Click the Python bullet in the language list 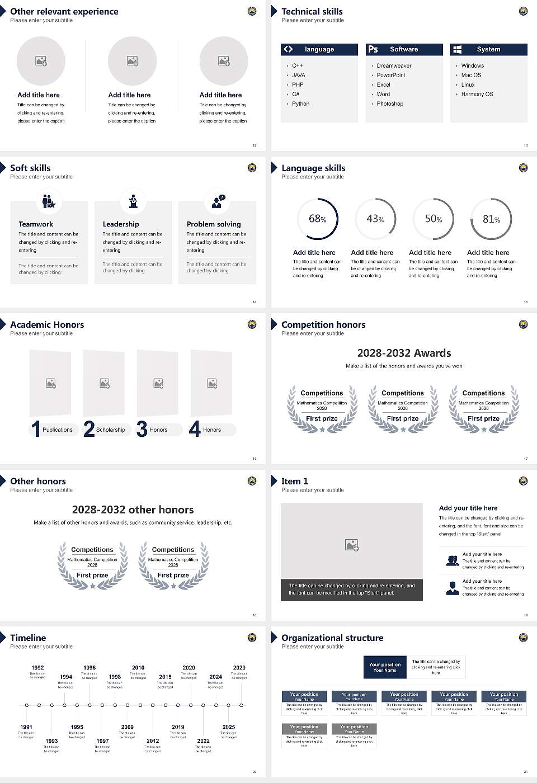coord(300,104)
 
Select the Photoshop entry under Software coord(389,104)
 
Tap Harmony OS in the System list coord(477,95)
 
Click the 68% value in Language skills coord(318,219)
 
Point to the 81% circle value coord(491,219)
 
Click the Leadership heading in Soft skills coord(121,224)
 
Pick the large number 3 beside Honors coord(142,429)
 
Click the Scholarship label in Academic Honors coord(110,430)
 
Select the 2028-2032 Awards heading coord(404,353)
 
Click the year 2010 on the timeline coord(138,668)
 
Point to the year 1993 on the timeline coord(51,740)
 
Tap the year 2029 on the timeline coord(239,668)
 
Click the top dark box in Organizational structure coord(385,667)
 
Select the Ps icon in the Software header coord(373,49)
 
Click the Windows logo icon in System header coord(457,49)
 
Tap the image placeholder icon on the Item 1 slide coord(352,544)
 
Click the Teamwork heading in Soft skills coord(36,224)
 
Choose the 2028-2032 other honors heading coord(133,510)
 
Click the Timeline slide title coord(28,638)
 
